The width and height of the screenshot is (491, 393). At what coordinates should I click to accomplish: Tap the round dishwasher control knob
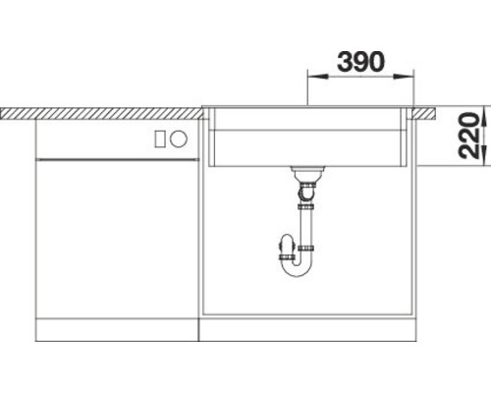[180, 140]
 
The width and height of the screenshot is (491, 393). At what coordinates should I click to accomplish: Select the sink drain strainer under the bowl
[308, 174]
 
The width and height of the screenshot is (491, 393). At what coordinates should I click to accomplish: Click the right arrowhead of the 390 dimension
[410, 76]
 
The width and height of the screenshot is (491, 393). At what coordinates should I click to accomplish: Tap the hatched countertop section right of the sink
[424, 113]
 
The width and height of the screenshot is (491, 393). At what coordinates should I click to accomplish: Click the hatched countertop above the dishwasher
[98, 113]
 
